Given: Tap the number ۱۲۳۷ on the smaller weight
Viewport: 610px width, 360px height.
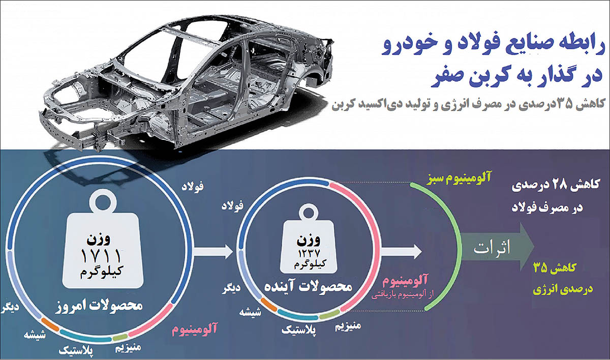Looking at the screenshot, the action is point(309,254).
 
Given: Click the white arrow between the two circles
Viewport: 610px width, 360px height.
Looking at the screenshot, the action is point(214,251).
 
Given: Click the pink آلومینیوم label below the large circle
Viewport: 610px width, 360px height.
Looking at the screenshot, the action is point(194,329).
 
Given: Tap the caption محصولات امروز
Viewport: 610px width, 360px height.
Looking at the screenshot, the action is point(99,306).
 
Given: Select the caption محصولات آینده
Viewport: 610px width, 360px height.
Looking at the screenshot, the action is point(308,287).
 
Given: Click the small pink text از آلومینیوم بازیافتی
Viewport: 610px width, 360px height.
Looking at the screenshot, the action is point(402,295).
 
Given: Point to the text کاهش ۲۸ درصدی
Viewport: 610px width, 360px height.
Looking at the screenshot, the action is point(556,186).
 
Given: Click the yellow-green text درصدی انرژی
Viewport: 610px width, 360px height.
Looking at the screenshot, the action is point(563,289).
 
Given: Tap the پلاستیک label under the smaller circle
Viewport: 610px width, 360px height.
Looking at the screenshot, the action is point(299,330).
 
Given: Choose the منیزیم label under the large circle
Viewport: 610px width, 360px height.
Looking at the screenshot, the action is point(128,347).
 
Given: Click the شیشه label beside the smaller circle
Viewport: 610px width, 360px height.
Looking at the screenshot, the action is point(250,312).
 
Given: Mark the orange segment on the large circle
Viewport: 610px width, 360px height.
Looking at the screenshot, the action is point(50,325).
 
